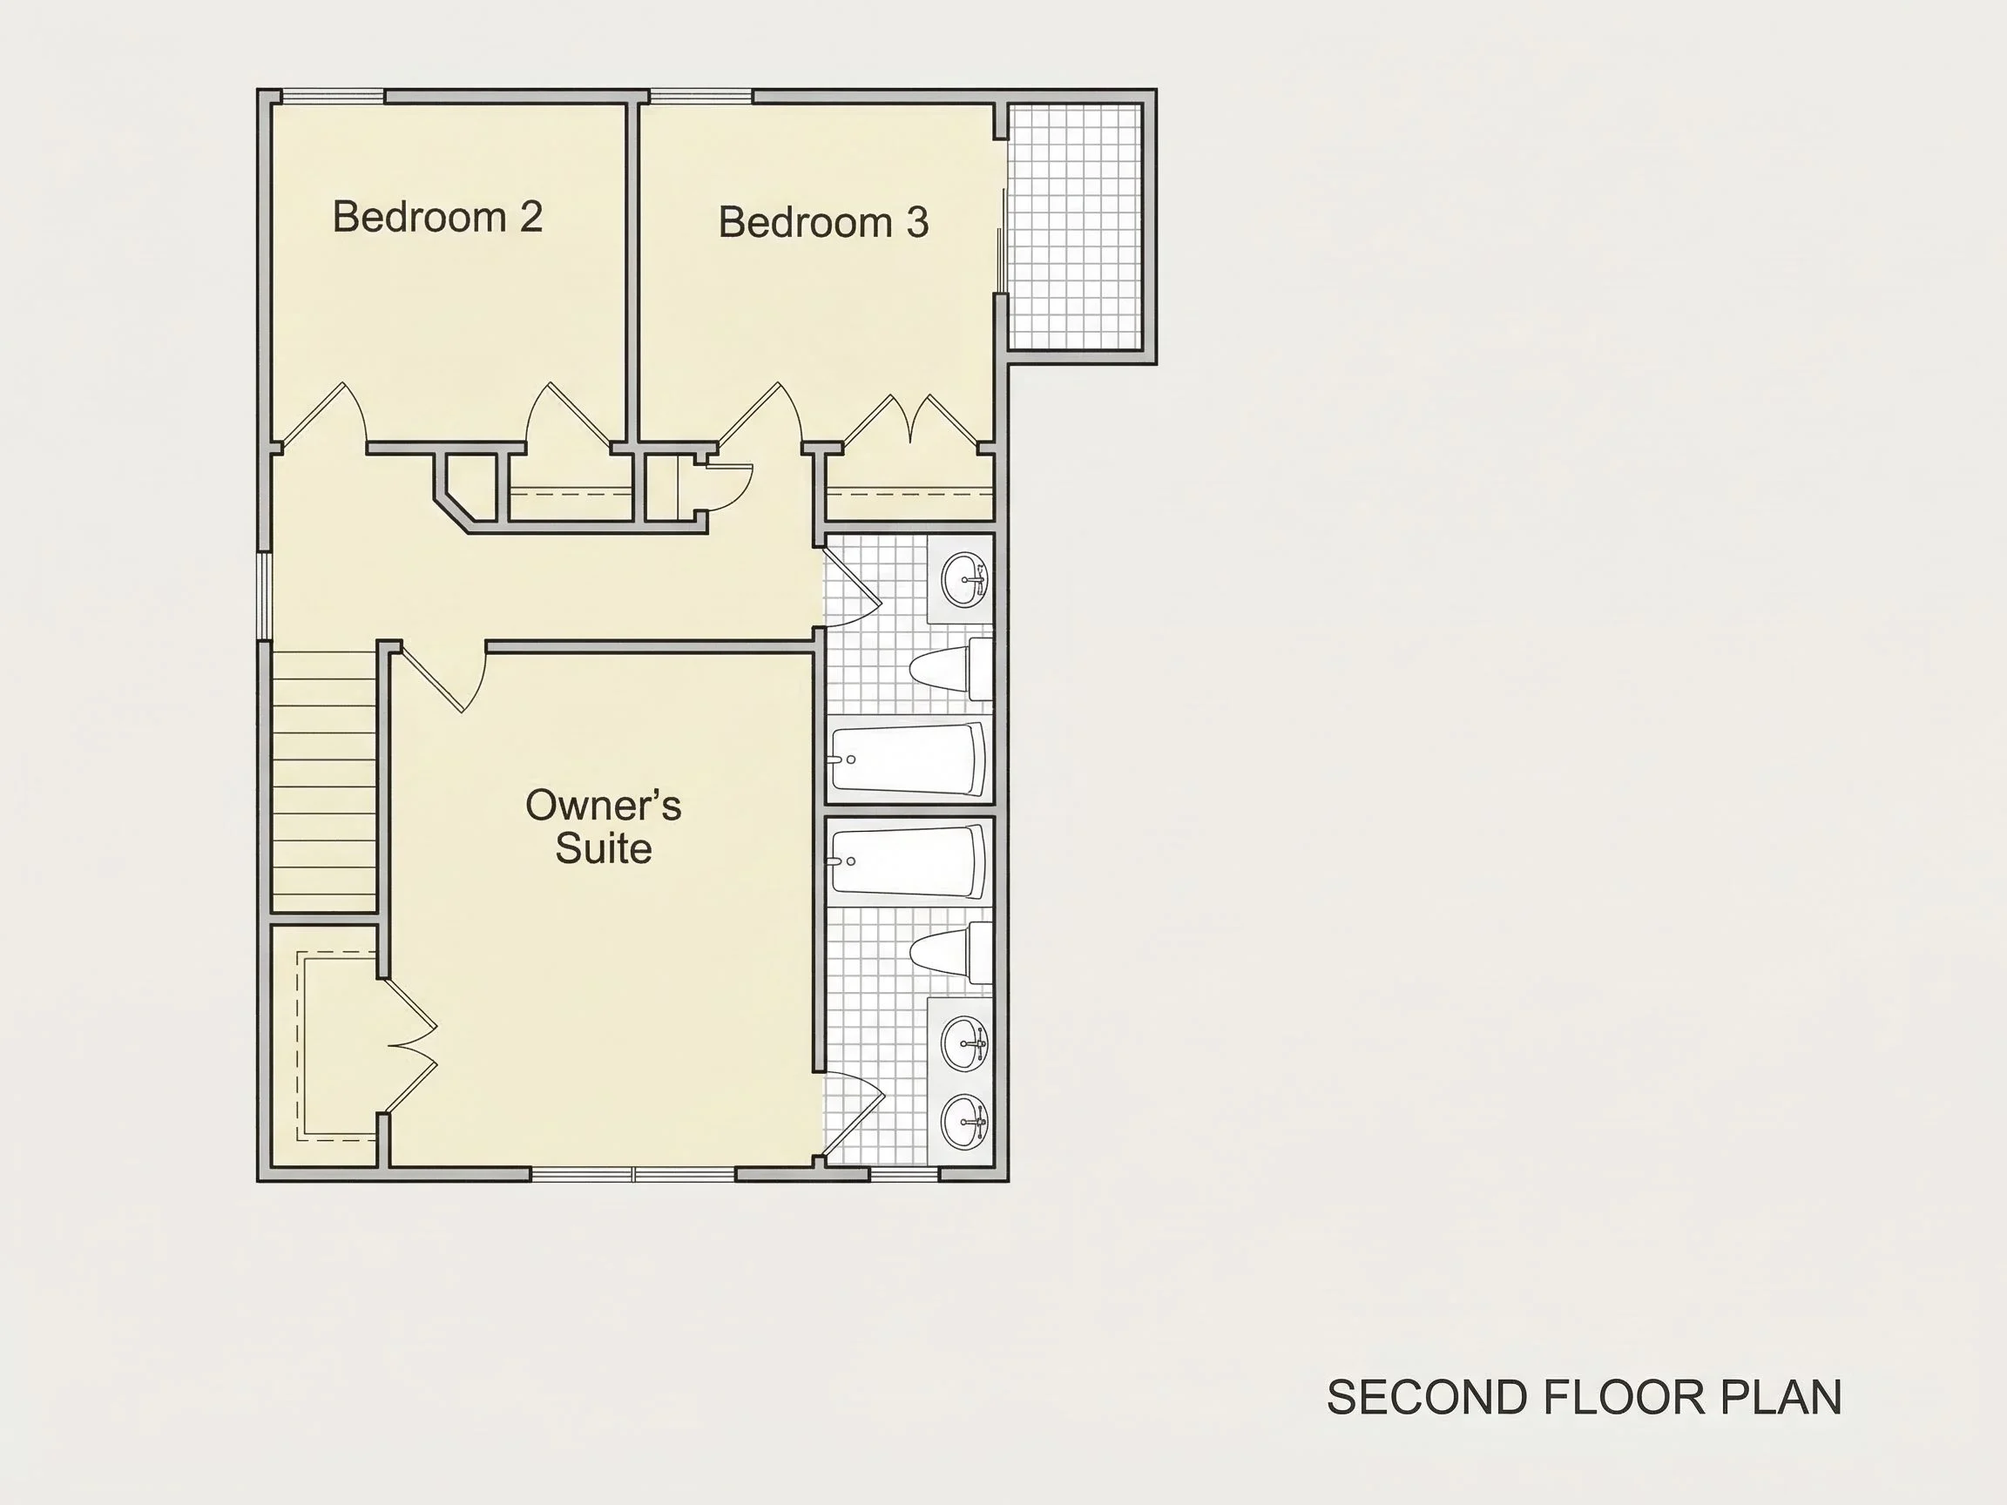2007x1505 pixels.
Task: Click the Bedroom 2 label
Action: (437, 217)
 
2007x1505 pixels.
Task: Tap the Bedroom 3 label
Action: (823, 222)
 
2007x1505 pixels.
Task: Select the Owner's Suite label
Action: (604, 827)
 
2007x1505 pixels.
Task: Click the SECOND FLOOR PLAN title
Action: (1585, 1398)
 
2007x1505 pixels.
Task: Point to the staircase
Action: (325, 782)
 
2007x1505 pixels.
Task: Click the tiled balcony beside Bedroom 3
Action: (1075, 226)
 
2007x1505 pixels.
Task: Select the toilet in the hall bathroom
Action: (951, 670)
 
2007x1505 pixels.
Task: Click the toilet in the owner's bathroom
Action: (951, 954)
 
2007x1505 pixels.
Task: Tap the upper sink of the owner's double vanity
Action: (963, 1044)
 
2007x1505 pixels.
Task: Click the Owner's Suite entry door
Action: (443, 678)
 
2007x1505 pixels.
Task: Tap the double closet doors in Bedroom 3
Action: (910, 420)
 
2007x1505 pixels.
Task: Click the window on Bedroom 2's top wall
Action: (333, 96)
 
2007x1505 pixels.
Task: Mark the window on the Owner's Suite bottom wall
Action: (633, 1174)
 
